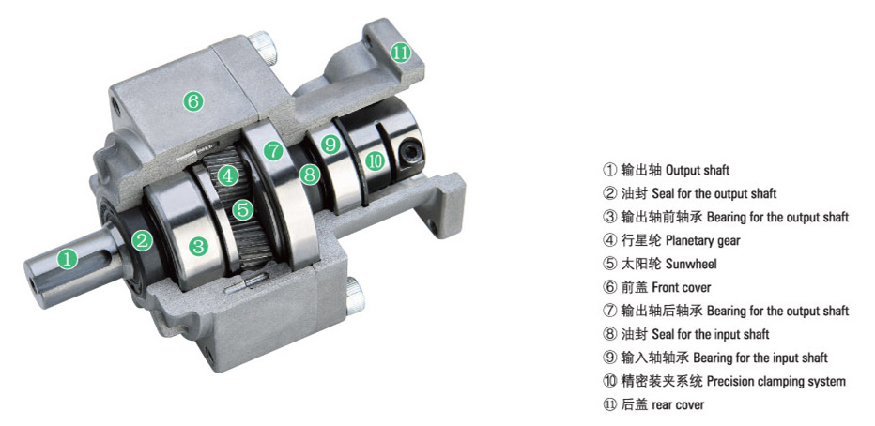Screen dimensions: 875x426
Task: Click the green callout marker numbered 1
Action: tap(68, 258)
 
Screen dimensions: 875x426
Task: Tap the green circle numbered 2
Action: tap(142, 240)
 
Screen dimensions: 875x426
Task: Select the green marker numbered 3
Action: tap(198, 245)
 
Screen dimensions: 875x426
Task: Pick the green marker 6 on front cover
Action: tap(193, 101)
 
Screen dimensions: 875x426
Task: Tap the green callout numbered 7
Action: tap(273, 149)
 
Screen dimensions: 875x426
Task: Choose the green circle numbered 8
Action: tap(309, 175)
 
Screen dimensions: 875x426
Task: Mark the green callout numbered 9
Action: tap(330, 145)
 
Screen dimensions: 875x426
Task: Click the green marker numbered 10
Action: tap(376, 161)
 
